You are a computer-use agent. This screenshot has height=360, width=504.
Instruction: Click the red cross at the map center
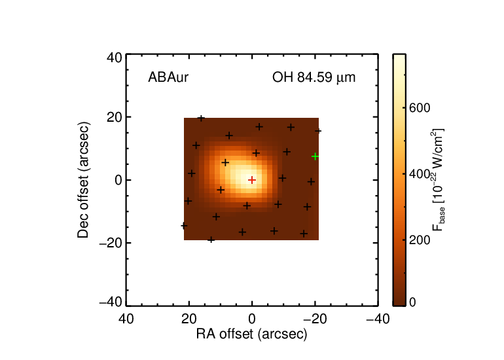click(252, 180)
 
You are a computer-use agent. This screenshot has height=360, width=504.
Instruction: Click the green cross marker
click(315, 156)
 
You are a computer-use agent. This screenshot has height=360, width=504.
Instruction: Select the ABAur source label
click(168, 77)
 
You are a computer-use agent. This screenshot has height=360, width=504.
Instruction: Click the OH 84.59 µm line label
click(314, 78)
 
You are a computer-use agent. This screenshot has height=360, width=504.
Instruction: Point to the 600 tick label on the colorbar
click(420, 108)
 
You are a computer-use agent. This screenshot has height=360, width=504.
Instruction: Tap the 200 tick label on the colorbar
click(420, 240)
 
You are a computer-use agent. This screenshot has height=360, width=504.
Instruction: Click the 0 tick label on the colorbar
click(412, 302)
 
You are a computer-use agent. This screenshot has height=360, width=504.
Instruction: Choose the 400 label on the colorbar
click(420, 174)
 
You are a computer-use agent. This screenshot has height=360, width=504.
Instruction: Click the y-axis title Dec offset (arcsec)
click(83, 180)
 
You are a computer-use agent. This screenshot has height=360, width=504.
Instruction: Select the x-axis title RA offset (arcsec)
click(252, 334)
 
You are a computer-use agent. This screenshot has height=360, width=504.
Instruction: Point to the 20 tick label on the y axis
click(114, 117)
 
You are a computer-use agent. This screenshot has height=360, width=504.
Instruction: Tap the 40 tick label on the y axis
click(114, 58)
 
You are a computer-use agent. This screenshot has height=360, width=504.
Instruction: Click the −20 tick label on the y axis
click(111, 243)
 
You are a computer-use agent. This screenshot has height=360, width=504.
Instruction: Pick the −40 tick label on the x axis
click(378, 319)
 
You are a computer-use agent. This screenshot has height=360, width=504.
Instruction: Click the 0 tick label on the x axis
click(252, 319)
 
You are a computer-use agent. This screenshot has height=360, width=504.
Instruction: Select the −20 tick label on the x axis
click(315, 319)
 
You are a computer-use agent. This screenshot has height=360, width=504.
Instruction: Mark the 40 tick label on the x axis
click(126, 319)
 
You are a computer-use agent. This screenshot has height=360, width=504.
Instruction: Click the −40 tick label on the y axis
click(111, 302)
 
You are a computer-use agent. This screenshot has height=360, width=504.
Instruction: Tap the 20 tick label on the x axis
click(189, 319)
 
